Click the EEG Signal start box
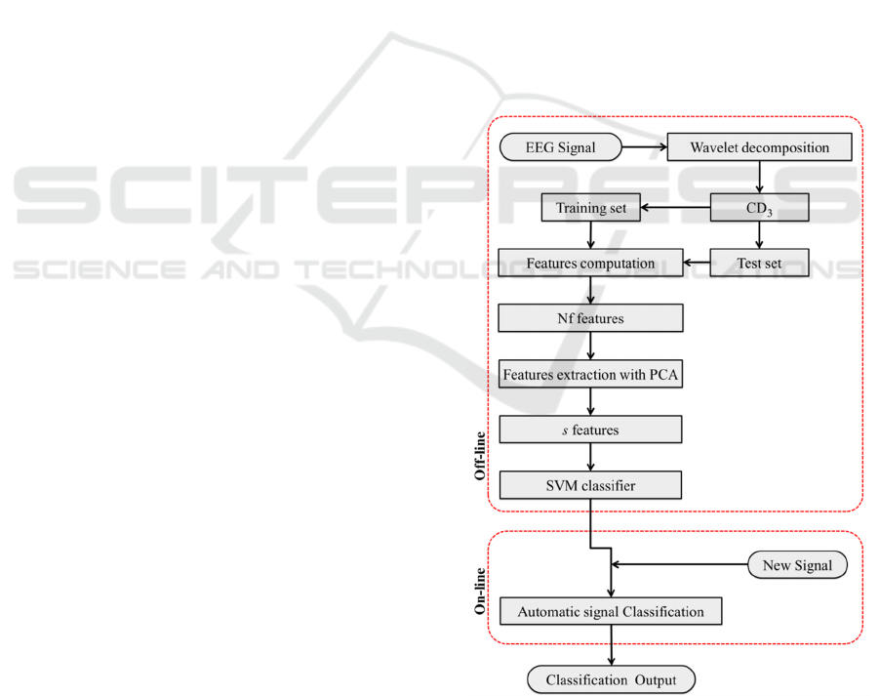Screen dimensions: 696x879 561,148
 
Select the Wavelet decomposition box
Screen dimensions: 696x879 759,148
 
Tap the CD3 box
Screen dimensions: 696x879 759,208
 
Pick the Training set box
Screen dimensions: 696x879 590,208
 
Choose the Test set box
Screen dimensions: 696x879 759,263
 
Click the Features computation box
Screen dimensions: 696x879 590,263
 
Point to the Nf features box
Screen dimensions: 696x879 590,318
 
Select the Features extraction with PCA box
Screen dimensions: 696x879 590,375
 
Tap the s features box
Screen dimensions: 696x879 590,430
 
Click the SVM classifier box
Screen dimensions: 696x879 590,485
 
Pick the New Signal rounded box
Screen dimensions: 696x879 797,565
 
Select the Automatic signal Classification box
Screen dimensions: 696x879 611,612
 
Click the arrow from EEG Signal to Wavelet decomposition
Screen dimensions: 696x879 645,148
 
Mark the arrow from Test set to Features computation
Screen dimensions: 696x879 696,263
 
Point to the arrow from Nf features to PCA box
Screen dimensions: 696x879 590,347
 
